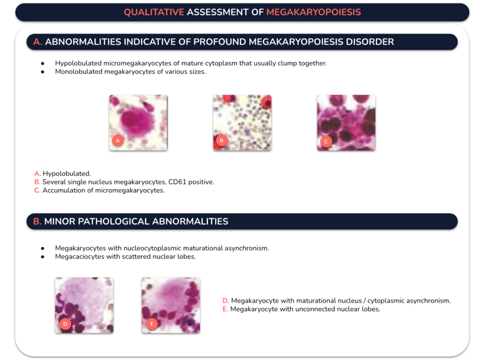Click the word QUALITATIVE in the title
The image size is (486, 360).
tap(154, 12)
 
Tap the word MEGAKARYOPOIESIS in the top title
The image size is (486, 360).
tap(313, 12)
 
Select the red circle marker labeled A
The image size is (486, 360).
tap(118, 141)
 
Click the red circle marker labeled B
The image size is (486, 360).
tap(221, 141)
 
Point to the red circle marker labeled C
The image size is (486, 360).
tap(326, 142)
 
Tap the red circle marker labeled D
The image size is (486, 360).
tap(65, 324)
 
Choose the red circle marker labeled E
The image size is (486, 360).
tap(151, 324)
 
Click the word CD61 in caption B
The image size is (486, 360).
tap(178, 182)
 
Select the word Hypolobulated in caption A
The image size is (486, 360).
tap(66, 174)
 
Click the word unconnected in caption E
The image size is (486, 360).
tap(311, 309)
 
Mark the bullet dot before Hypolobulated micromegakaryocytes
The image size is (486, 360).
tap(42, 64)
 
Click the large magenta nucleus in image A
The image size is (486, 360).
tap(136, 120)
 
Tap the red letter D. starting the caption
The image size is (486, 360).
tap(225, 301)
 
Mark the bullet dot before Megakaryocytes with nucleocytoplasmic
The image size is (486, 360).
tap(42, 249)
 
